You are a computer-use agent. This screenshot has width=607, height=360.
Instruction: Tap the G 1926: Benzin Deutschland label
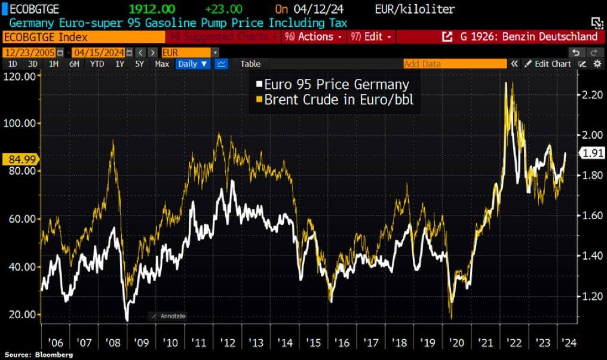[523, 37]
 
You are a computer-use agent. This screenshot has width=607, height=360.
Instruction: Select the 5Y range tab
[139, 64]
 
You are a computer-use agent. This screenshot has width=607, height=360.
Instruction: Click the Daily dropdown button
[192, 64]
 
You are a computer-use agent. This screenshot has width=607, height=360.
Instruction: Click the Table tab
[250, 64]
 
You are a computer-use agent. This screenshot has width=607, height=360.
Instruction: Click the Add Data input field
[454, 64]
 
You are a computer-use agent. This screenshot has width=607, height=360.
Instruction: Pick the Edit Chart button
[548, 64]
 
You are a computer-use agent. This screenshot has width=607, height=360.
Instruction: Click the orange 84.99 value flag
[20, 159]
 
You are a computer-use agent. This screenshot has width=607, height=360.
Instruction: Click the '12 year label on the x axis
[228, 343]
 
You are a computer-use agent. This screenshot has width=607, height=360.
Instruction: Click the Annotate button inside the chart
[168, 316]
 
